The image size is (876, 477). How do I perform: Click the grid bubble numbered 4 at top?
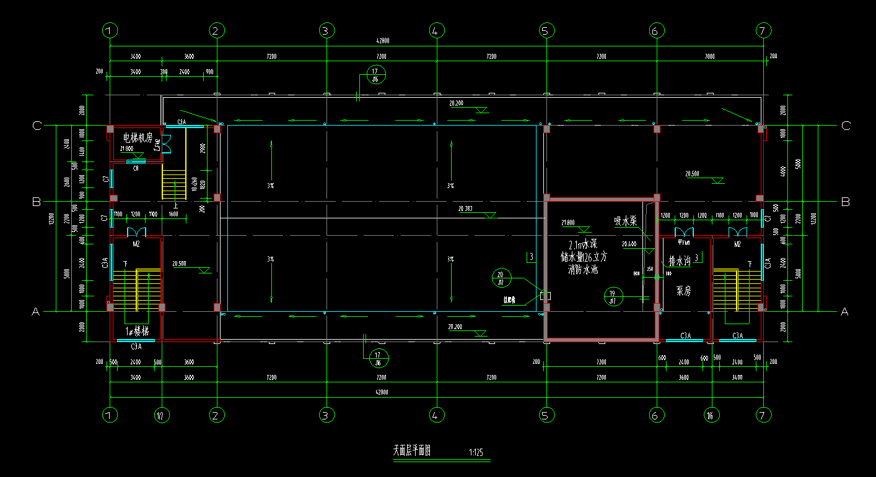click(436, 30)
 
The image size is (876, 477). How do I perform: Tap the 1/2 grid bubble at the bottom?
click(161, 415)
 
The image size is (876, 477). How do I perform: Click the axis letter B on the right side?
click(845, 202)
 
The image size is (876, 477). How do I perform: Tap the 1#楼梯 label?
click(137, 331)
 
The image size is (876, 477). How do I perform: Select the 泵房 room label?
click(683, 290)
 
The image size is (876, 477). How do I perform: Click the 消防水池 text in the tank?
click(583, 270)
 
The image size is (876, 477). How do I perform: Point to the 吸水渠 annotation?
click(626, 221)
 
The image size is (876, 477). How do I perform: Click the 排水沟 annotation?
click(680, 261)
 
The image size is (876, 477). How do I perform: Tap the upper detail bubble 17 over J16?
click(375, 75)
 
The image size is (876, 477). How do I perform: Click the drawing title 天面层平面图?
click(411, 451)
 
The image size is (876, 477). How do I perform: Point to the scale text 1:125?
click(476, 453)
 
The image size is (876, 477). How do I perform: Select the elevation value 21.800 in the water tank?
click(567, 222)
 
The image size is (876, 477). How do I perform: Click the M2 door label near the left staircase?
click(136, 244)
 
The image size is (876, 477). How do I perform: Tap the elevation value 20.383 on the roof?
click(465, 209)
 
